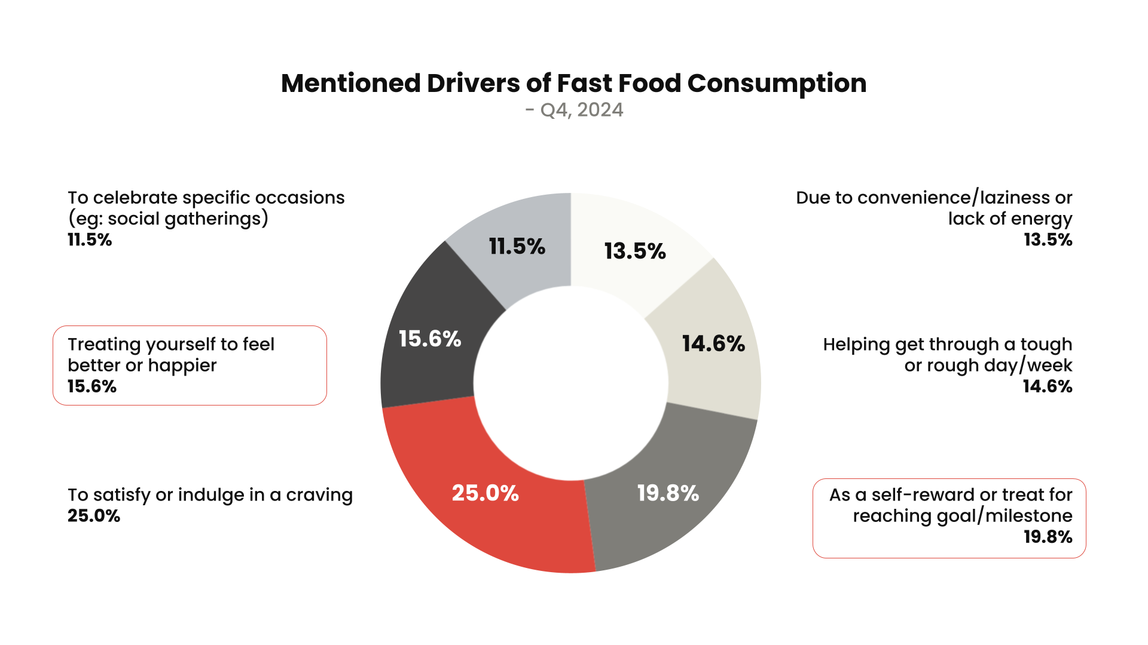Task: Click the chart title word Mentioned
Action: click(350, 83)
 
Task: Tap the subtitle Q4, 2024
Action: click(581, 110)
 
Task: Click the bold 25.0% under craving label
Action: click(94, 515)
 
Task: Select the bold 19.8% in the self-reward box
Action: click(1048, 536)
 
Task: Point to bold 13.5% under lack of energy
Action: click(1048, 239)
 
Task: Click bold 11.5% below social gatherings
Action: click(90, 239)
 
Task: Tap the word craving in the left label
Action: click(319, 495)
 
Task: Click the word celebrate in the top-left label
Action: click(135, 198)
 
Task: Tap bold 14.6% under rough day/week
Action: click(1047, 386)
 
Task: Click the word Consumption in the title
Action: click(777, 83)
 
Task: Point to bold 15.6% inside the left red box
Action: click(92, 386)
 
